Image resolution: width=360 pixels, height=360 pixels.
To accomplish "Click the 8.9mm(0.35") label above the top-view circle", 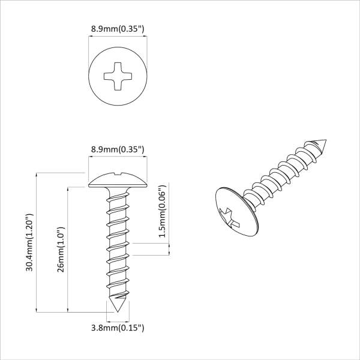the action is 118,29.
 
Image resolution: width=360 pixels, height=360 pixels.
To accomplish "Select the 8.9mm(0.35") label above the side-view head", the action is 118,149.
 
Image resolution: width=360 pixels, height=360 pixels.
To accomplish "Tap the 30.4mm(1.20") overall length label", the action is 29,242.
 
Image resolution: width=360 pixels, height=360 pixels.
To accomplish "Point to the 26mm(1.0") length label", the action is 61,250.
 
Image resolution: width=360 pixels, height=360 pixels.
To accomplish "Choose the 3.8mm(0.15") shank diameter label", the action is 118,328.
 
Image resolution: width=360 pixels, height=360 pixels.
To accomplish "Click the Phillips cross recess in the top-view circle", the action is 118,76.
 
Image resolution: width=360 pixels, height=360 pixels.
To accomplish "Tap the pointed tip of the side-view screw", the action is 118,312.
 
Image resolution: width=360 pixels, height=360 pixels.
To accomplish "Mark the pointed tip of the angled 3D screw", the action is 326,140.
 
